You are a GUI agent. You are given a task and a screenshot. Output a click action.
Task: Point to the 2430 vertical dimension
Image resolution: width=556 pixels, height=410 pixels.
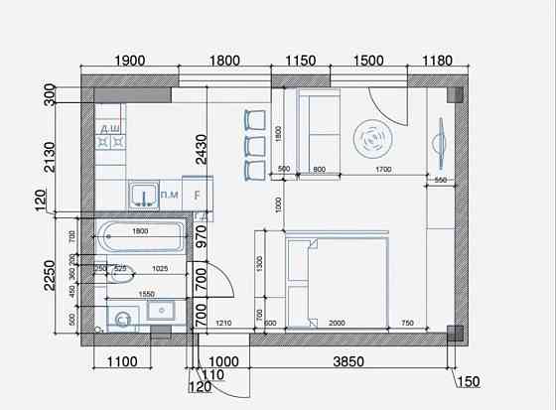pos(202,149)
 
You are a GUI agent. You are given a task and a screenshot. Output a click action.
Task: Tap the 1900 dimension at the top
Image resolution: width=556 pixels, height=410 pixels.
pos(130,61)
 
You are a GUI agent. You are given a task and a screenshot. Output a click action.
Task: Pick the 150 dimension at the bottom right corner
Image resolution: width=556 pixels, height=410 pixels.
pos(468,381)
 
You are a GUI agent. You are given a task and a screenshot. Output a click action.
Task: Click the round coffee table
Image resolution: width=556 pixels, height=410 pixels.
pos(374,139)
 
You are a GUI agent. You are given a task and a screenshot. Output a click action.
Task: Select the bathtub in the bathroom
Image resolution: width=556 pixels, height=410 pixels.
pos(139,238)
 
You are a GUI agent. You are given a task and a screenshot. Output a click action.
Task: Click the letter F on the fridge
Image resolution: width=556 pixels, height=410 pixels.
pos(198,195)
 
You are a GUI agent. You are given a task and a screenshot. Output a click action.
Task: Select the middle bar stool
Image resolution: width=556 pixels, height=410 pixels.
pos(255,146)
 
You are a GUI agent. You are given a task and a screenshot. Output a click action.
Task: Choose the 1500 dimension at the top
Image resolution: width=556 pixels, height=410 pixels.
pos(368,61)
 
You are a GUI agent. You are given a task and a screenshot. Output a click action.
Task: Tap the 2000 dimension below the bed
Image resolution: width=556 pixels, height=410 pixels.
pos(337,325)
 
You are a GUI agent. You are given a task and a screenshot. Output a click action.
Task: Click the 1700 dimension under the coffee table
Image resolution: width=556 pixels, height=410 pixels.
pos(382,170)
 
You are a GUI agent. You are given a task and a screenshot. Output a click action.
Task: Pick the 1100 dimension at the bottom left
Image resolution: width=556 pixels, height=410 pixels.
pos(121,363)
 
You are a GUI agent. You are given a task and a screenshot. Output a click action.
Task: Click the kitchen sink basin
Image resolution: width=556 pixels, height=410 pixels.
pos(145,194)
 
